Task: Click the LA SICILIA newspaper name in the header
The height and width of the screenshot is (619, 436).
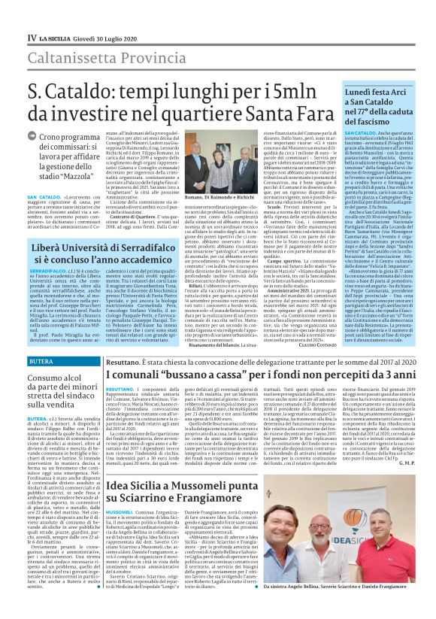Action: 57,38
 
